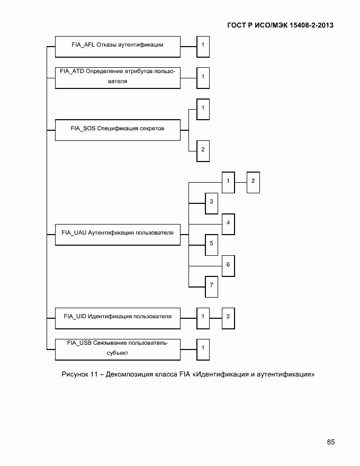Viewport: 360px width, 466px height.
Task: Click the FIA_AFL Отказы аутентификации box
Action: pyautogui.click(x=118, y=46)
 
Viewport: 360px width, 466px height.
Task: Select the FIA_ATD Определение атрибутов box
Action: pyautogui.click(x=118, y=77)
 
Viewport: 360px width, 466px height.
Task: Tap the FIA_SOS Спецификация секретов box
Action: pyautogui.click(x=118, y=129)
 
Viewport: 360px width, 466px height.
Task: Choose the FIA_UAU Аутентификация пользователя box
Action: pyautogui.click(x=118, y=233)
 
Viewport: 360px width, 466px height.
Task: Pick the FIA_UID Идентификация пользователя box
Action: pyautogui.click(x=118, y=317)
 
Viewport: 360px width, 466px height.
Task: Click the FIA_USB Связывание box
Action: pyautogui.click(x=118, y=348)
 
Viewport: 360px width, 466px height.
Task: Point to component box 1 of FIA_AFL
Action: pyautogui.click(x=203, y=46)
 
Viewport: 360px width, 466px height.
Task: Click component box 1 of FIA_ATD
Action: pyautogui.click(x=203, y=77)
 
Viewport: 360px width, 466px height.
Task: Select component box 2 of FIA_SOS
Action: pyautogui.click(x=203, y=150)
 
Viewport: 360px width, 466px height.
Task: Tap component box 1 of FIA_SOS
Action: pyautogui.click(x=203, y=109)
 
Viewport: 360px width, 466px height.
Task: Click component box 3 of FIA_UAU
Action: pyautogui.click(x=211, y=202)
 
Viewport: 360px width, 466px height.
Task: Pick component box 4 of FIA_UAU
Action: pyautogui.click(x=228, y=223)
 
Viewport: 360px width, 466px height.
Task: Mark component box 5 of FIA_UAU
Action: pyautogui.click(x=211, y=244)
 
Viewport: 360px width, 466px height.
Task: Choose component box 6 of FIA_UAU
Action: pyautogui.click(x=228, y=265)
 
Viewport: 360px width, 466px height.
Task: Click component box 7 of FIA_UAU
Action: pyautogui.click(x=211, y=286)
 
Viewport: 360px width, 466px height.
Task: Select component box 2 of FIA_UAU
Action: pyautogui.click(x=253, y=182)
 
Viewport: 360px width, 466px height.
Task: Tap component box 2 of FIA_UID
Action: pyautogui.click(x=228, y=317)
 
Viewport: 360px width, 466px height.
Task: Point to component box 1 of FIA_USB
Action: pyautogui.click(x=203, y=348)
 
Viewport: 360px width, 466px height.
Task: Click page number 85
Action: pyautogui.click(x=330, y=442)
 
